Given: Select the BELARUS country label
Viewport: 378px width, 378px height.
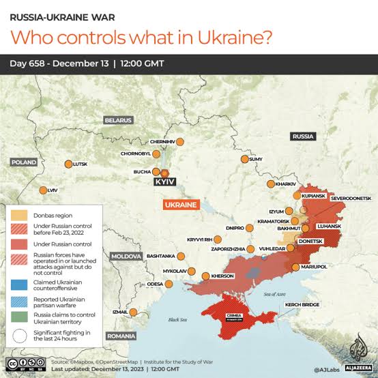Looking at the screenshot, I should point(117,120).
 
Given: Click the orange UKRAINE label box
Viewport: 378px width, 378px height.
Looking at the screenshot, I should point(180,205).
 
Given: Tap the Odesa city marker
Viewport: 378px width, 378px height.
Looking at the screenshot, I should point(171,284).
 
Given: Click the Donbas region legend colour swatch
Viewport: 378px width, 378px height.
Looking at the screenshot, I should point(18,215).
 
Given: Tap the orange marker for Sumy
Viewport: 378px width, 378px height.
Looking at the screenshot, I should point(244,159).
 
